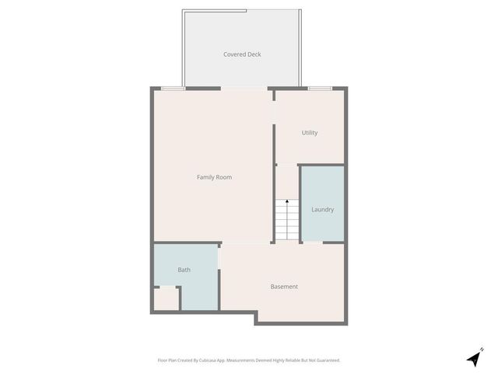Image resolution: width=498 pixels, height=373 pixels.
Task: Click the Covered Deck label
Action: pos(242,54)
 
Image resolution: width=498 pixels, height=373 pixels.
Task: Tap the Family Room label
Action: pos(214,177)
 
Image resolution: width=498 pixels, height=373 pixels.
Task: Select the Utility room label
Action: pos(310,133)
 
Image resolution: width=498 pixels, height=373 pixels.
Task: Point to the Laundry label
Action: pos(322,210)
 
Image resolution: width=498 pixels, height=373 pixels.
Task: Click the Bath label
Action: pos(184,270)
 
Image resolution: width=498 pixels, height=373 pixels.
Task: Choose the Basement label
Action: pos(284,287)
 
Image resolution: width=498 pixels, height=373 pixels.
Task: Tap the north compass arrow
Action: pos(473,359)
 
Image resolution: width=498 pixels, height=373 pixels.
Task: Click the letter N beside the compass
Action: pos(482,350)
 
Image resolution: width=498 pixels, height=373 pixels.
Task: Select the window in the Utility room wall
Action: pos(320,89)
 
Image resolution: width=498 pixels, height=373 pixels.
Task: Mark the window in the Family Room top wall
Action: pos(173,89)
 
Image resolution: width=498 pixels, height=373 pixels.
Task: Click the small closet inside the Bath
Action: pos(166,298)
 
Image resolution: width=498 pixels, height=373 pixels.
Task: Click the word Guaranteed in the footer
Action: pos(327,361)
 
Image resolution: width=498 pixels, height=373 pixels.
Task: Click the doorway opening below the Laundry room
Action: pos(313,243)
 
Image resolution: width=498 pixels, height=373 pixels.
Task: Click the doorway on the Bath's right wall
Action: pos(220,256)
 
